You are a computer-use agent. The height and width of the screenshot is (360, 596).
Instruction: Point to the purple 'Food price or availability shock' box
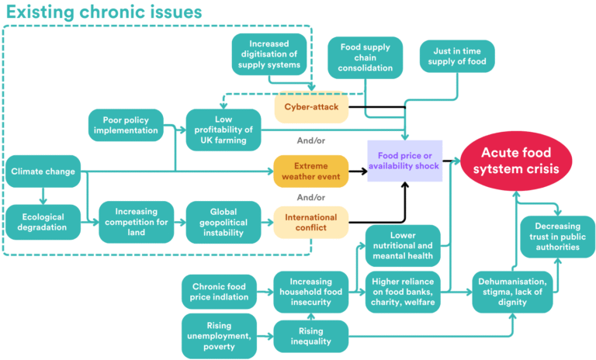[x=404, y=161]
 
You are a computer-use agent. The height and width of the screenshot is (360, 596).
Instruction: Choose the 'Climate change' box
[x=43, y=171]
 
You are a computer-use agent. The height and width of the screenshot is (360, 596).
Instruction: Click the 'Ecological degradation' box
[x=43, y=222]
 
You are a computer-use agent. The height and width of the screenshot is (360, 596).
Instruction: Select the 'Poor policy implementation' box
[x=126, y=125]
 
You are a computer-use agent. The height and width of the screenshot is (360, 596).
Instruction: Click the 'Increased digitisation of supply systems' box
[x=269, y=54]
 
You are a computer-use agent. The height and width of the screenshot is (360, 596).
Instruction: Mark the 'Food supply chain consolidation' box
[x=365, y=58]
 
